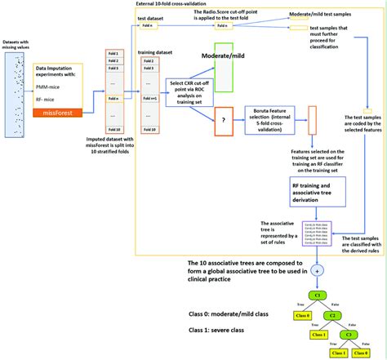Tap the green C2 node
point(332,314)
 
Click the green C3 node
point(352,334)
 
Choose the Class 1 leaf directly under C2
point(314,335)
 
